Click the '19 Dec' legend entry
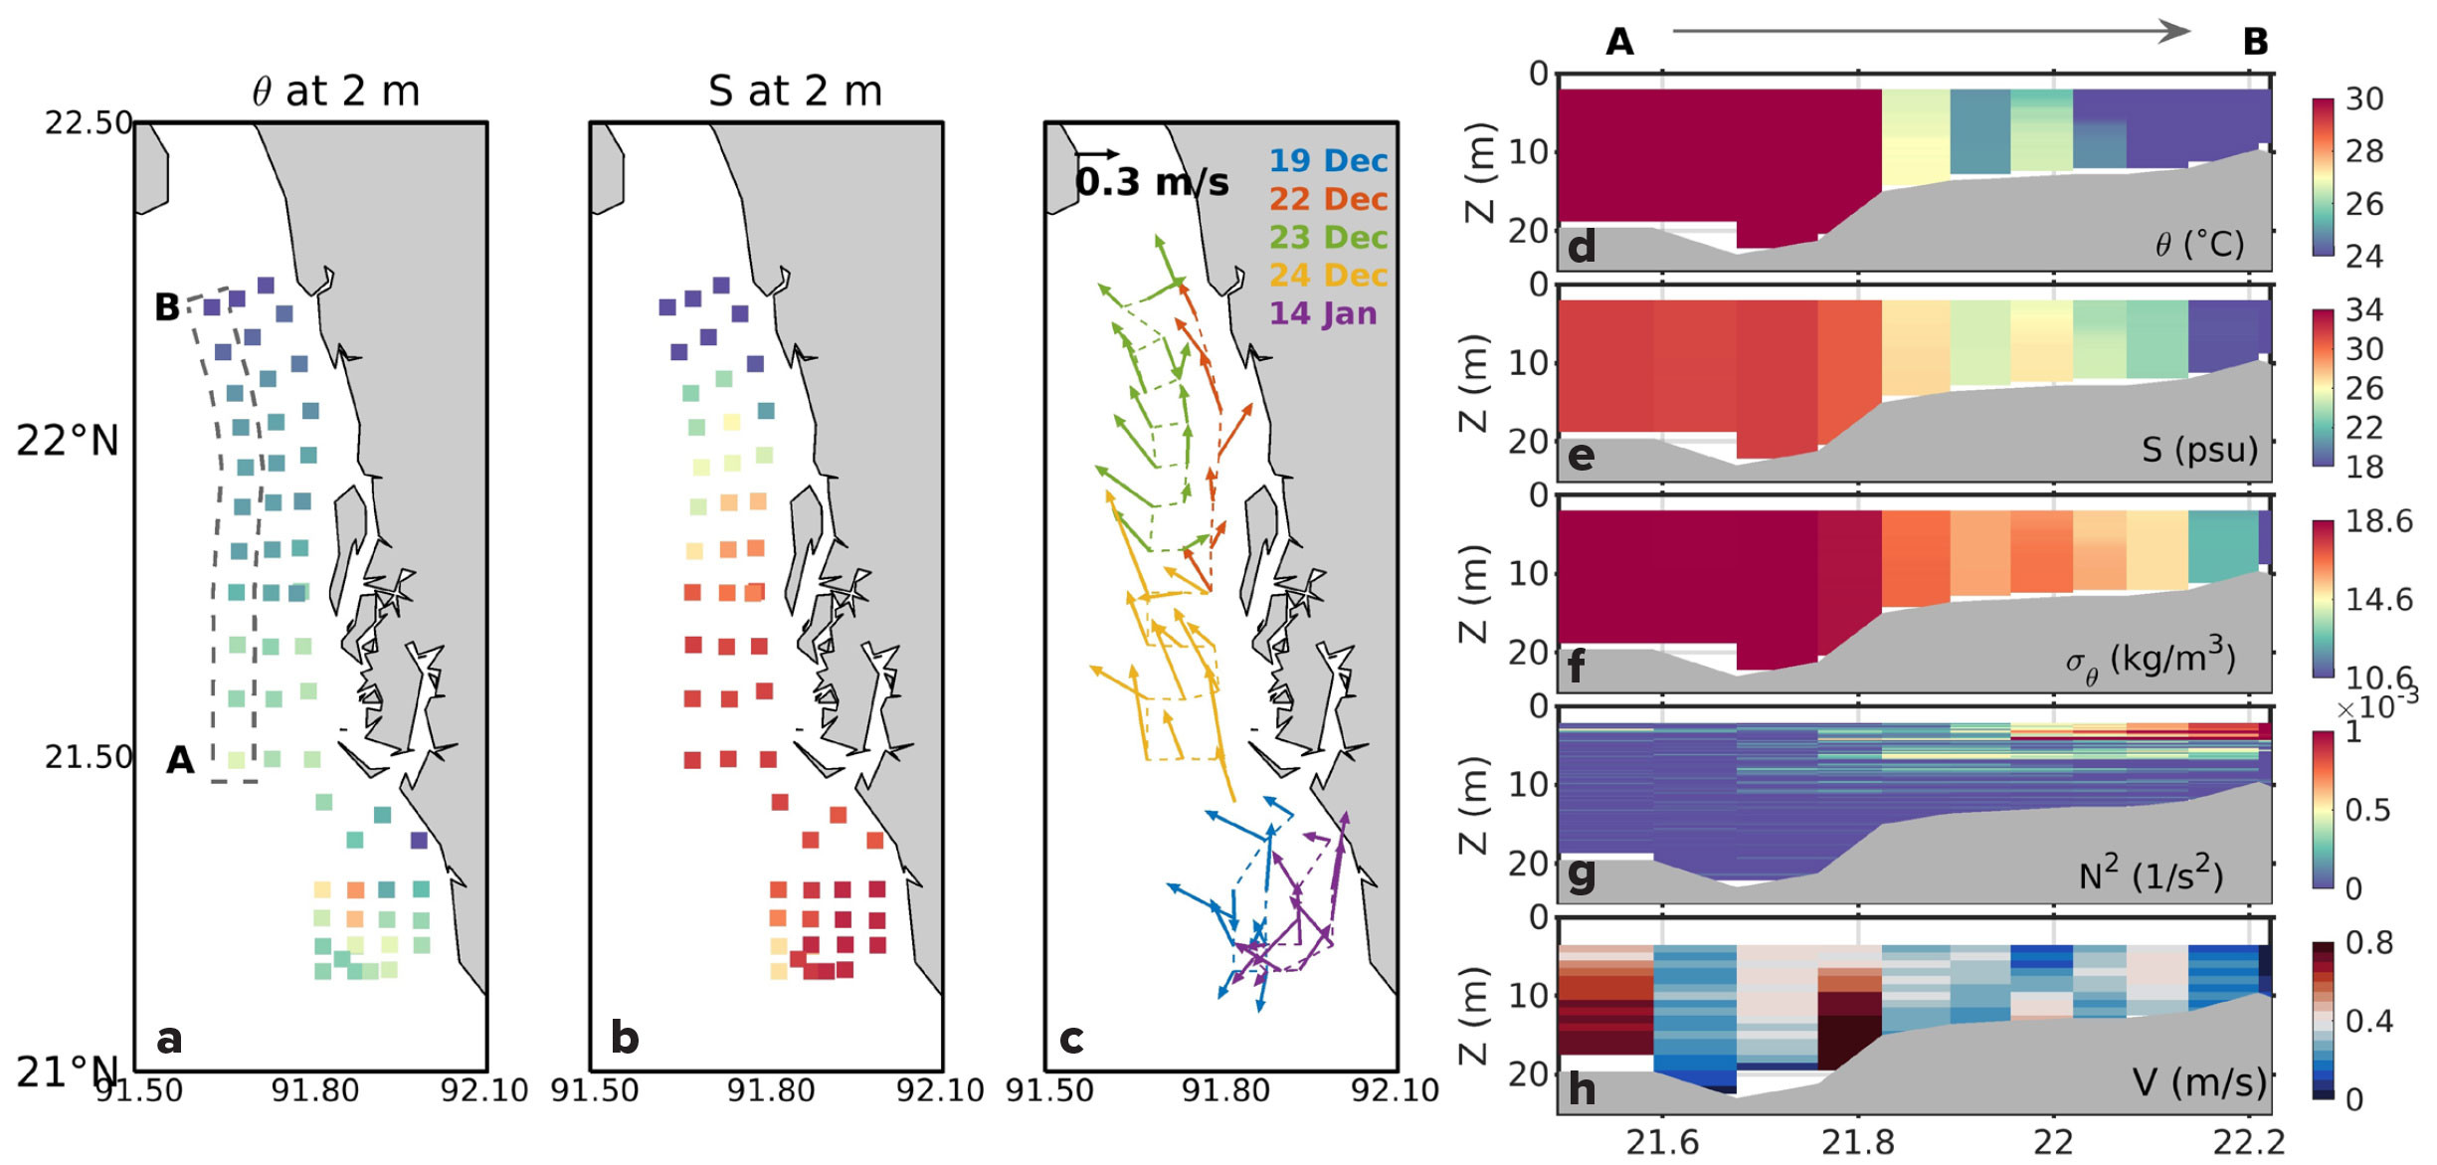1327,161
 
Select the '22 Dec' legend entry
1327,199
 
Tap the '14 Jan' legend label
1323,313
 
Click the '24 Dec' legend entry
1327,276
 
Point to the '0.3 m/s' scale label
1152,182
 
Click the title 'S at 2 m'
795,92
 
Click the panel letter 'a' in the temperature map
169,1039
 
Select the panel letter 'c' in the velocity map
1071,1039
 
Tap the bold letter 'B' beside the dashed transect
167,307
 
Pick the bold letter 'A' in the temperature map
180,760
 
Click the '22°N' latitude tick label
67,441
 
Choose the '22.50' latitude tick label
89,122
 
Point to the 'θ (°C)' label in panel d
2199,244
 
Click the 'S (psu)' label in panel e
2199,450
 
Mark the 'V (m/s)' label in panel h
2199,1081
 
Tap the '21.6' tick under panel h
1662,1143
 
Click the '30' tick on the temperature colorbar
2364,99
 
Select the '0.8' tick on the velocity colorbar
2370,942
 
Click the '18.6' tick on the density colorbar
2378,521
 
